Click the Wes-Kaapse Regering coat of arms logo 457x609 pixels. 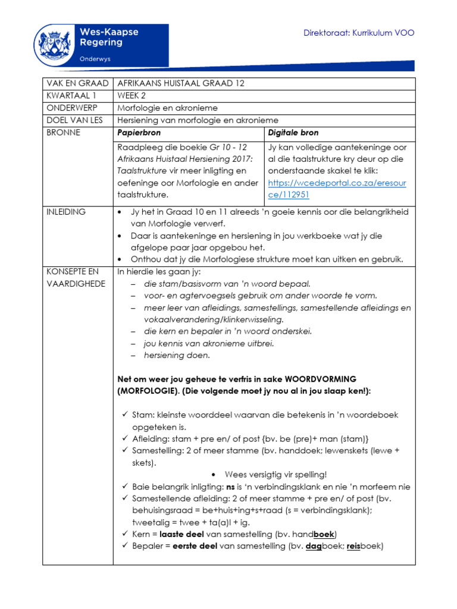tap(56, 46)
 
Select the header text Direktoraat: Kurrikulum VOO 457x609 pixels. tap(359, 33)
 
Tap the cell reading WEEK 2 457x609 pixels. tap(132, 96)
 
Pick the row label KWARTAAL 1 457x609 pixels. tap(68, 96)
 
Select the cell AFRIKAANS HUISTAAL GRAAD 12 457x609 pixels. tap(181, 83)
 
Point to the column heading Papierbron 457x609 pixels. tap(139, 133)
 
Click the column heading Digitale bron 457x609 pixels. tap(293, 133)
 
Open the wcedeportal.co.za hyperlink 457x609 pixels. tap(337, 189)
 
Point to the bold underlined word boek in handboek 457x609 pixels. tap(324, 534)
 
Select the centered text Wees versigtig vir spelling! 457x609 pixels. tap(276, 475)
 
